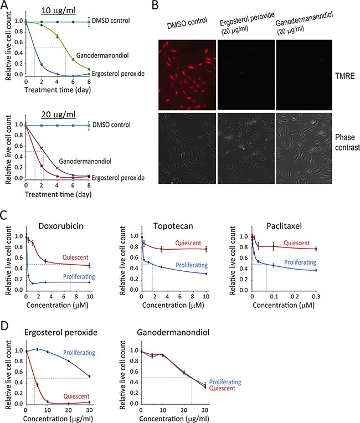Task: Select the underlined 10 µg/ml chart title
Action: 58,11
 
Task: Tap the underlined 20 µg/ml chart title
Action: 58,115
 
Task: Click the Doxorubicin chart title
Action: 61,226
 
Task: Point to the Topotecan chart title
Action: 173,226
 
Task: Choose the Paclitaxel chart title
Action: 284,226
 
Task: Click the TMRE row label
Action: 345,76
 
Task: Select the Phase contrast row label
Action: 347,142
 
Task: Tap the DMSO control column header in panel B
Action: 187,23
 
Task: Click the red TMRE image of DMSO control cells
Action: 187,75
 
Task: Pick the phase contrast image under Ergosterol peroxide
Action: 246,148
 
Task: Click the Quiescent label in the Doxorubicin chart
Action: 75,257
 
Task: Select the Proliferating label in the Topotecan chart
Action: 192,265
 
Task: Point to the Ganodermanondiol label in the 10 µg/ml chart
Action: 102,55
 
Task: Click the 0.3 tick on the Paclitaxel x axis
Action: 316,296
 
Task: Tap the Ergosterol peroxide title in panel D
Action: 61,332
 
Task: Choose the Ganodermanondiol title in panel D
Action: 173,332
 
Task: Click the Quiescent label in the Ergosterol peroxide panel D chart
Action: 76,396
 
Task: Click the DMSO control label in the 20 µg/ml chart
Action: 111,125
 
